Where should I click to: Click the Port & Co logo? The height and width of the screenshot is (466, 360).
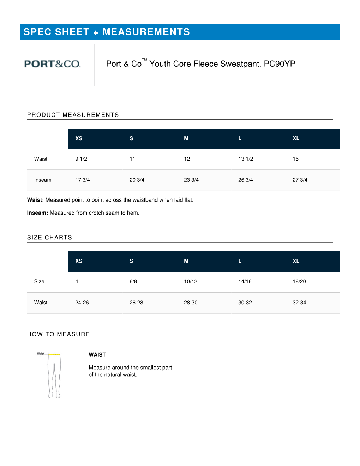[52, 64]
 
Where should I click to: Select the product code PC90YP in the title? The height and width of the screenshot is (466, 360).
[280, 64]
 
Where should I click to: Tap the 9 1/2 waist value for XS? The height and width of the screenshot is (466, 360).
[81, 159]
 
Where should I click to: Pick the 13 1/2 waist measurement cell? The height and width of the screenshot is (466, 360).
[246, 159]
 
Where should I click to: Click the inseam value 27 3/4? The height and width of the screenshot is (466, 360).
[300, 180]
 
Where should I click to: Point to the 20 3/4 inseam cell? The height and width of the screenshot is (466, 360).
[137, 180]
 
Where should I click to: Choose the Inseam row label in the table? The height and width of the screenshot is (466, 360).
[43, 180]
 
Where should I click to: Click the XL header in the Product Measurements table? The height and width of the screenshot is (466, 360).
[296, 138]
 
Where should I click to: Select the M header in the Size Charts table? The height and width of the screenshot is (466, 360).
[186, 261]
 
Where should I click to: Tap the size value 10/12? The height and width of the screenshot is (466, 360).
[191, 281]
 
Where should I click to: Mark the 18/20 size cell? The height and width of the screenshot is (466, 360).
[299, 281]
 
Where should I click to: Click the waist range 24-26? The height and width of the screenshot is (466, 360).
[82, 303]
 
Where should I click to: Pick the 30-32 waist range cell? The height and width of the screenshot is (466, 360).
[245, 303]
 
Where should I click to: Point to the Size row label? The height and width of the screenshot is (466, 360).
[39, 281]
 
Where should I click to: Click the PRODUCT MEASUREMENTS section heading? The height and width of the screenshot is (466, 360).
[73, 115]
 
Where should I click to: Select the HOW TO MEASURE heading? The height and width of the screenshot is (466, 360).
[59, 334]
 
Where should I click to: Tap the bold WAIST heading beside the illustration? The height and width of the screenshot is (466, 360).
[97, 355]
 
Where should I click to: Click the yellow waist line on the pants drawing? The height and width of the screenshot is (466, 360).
[54, 354]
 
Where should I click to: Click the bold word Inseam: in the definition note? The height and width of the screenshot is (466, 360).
[37, 213]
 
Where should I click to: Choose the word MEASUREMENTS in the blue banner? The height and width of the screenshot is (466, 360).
[146, 32]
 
